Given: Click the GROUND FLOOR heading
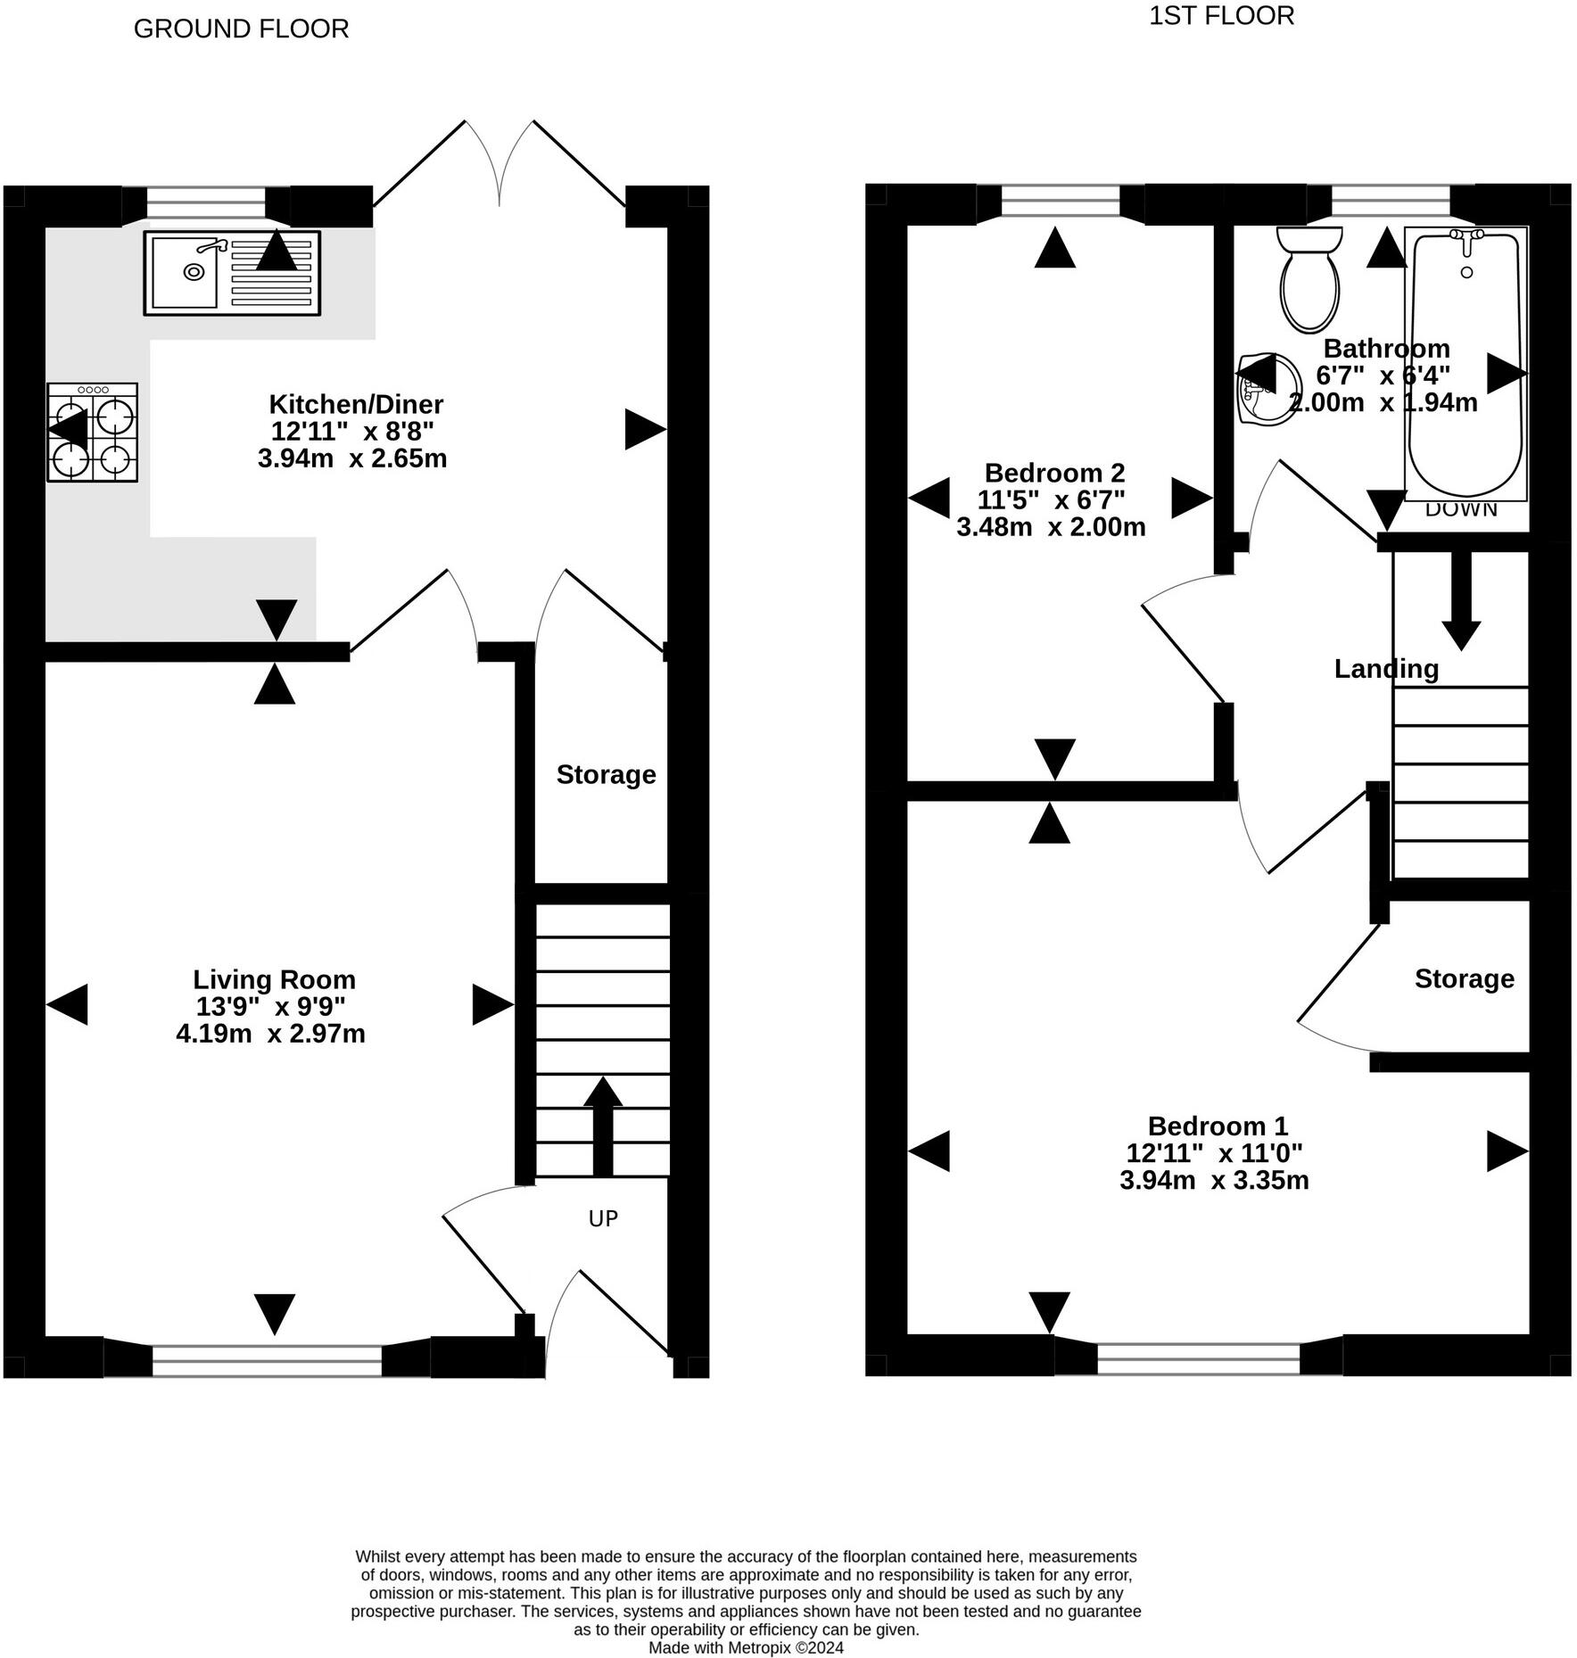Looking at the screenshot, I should click(x=241, y=29).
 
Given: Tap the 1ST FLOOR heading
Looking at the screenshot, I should click(x=1221, y=16).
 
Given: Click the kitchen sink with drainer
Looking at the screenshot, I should click(x=232, y=273).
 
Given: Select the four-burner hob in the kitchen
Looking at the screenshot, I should click(x=93, y=433).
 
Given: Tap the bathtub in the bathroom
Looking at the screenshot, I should click(x=1466, y=364).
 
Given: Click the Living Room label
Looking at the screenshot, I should click(x=274, y=979).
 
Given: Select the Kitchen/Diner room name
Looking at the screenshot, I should click(x=356, y=404).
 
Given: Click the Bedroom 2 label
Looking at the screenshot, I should click(x=1054, y=472).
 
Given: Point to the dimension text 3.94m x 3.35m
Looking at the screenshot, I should click(x=1214, y=1180).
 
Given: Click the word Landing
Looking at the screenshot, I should click(x=1385, y=668).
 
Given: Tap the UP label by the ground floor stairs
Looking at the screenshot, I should click(x=603, y=1218).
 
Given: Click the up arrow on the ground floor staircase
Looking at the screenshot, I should click(x=603, y=1126).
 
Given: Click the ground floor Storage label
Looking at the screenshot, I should click(x=606, y=774).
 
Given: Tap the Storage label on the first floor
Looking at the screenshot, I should click(x=1464, y=978).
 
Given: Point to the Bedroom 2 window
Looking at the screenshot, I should click(x=1060, y=202).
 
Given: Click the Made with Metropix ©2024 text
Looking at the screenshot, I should click(x=746, y=1647).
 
